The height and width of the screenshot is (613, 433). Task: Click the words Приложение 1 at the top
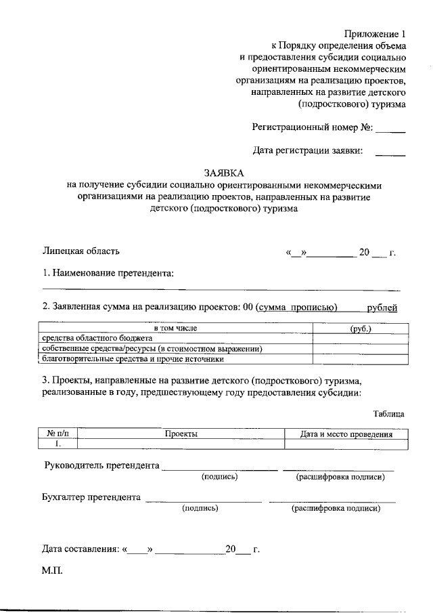point(373,34)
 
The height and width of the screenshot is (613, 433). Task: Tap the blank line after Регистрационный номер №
point(390,129)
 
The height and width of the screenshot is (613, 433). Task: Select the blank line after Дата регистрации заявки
point(390,155)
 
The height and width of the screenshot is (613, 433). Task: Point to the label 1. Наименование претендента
point(108,273)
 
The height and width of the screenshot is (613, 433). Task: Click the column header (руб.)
point(360,329)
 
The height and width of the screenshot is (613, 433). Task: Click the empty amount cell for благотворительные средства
point(360,359)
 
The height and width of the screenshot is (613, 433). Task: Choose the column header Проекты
point(181,434)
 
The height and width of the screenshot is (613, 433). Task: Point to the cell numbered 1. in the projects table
point(59,444)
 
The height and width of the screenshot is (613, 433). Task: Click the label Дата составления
point(81,549)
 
